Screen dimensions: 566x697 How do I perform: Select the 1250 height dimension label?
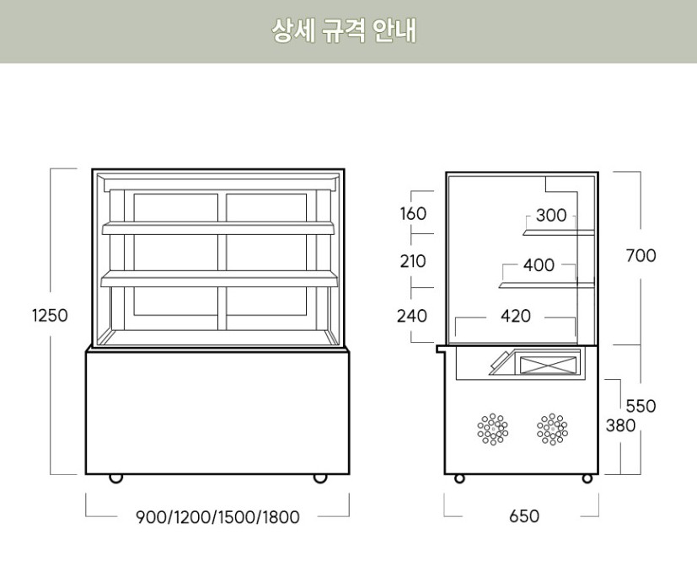tap(49, 316)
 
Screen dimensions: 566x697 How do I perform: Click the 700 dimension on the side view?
tap(640, 255)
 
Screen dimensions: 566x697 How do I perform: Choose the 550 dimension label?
tap(641, 406)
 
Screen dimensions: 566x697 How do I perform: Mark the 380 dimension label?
tap(620, 425)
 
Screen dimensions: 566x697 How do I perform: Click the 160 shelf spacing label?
tap(413, 214)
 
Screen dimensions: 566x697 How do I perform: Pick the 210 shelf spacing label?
tap(413, 261)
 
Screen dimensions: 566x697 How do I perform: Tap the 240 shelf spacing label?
tap(413, 316)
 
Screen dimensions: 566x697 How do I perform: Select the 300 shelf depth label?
tap(551, 216)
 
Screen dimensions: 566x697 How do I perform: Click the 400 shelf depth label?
tap(539, 266)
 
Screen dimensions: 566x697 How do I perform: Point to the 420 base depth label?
tap(516, 316)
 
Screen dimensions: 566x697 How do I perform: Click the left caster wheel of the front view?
tap(116, 478)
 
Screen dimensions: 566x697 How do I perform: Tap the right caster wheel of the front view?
tap(320, 478)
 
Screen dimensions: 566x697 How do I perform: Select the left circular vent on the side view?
tap(493, 429)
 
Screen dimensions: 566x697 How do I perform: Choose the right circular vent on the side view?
tap(552, 429)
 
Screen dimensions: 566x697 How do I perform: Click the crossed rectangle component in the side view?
tap(549, 365)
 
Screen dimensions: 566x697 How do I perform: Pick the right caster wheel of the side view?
tap(587, 478)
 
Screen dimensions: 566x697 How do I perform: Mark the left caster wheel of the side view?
tap(459, 478)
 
